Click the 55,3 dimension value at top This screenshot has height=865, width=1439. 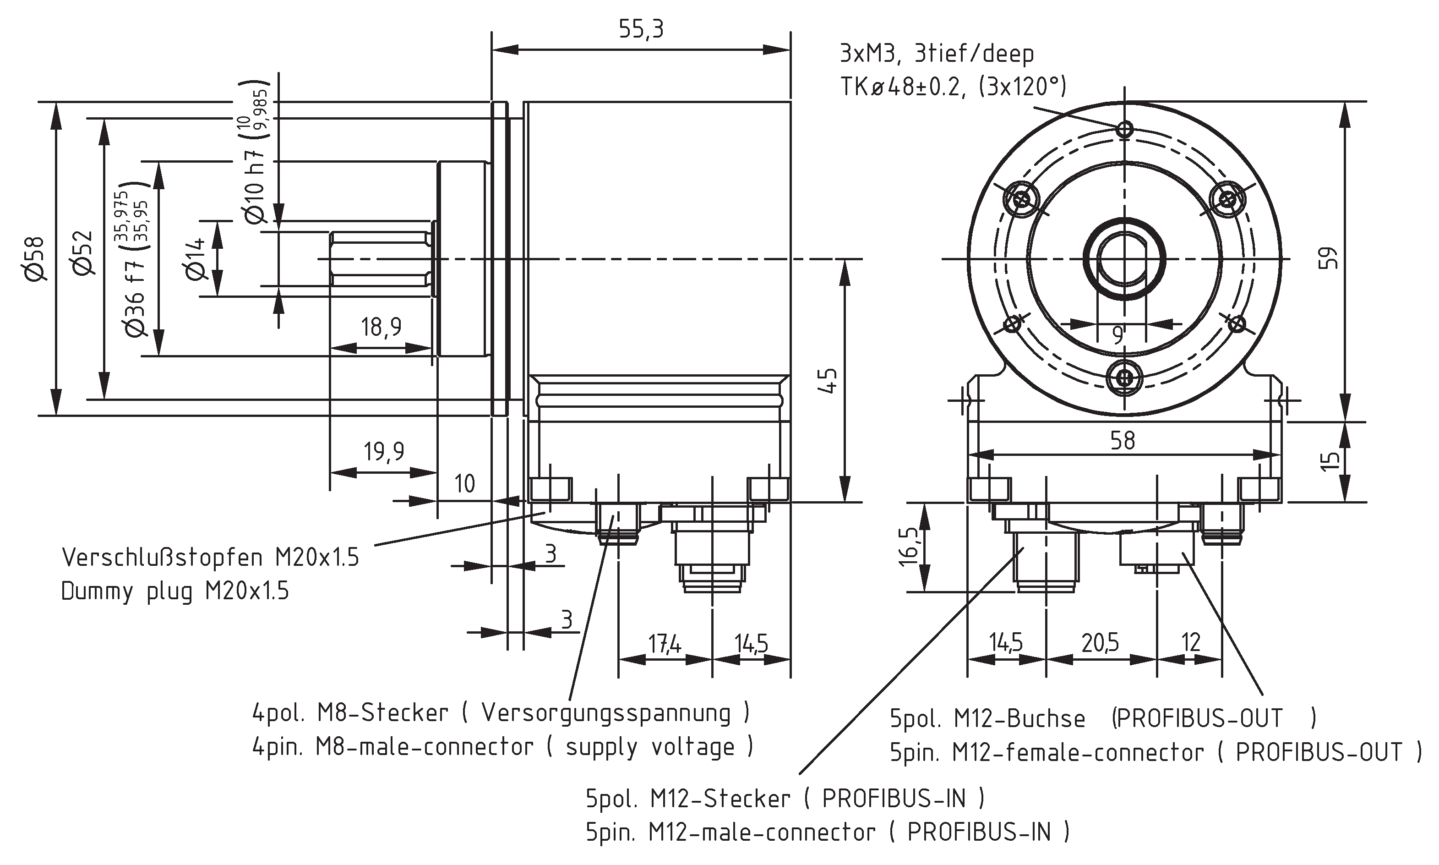coord(641,29)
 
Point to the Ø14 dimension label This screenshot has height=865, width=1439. coord(196,259)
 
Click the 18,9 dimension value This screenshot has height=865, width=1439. coord(381,327)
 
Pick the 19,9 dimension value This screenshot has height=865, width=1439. coord(383,451)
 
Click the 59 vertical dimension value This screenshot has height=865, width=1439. coord(1328,258)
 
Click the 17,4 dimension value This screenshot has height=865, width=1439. coord(665,644)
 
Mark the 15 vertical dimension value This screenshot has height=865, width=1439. coord(1330,461)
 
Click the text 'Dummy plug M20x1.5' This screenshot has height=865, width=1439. coord(175,591)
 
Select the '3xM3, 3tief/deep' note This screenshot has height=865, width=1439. coord(936,54)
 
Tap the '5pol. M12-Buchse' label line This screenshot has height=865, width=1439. coord(987,719)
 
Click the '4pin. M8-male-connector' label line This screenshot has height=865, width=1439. coord(392,747)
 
